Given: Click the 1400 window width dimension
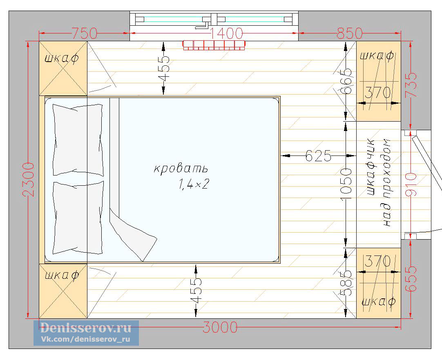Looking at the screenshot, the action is (226, 33).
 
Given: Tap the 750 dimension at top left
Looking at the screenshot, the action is (84, 33).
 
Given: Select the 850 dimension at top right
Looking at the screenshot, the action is (350, 33).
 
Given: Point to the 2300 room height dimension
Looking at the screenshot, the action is (29, 180).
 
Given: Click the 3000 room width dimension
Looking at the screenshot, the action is (220, 327).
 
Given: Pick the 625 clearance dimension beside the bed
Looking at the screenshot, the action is (318, 156).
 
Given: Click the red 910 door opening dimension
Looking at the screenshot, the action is (411, 185).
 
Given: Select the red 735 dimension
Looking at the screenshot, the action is (411, 85).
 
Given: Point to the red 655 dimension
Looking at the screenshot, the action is (411, 279).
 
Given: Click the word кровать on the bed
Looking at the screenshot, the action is (181, 169).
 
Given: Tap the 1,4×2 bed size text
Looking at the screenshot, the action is (193, 185).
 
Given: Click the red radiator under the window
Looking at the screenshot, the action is (214, 45).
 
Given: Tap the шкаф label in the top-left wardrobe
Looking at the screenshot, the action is (62, 58).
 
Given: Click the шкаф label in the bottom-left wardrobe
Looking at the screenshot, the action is (62, 275).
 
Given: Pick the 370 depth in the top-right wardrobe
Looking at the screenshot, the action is (378, 93).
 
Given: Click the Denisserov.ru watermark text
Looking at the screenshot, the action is (86, 328).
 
